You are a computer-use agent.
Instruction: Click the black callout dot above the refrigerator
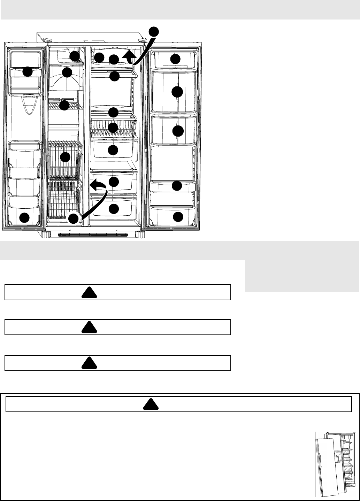point(154,31)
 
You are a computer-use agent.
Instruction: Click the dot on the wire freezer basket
point(65,157)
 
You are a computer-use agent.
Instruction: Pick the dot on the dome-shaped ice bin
point(67,72)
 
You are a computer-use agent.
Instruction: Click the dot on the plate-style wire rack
point(113,128)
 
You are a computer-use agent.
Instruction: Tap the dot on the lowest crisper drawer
point(114,209)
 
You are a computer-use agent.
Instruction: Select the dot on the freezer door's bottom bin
point(24,218)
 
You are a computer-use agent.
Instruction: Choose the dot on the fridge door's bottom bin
point(178,217)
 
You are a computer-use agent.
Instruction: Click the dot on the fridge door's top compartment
point(175,59)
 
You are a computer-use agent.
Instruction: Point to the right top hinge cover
point(142,41)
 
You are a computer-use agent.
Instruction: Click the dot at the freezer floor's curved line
point(73,218)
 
